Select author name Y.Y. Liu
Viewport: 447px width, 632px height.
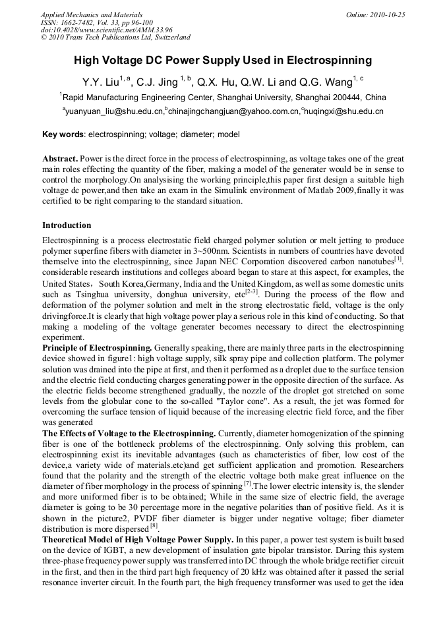101,82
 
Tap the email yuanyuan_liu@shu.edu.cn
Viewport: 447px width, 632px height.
113,111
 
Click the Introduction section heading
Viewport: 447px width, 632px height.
67,225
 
